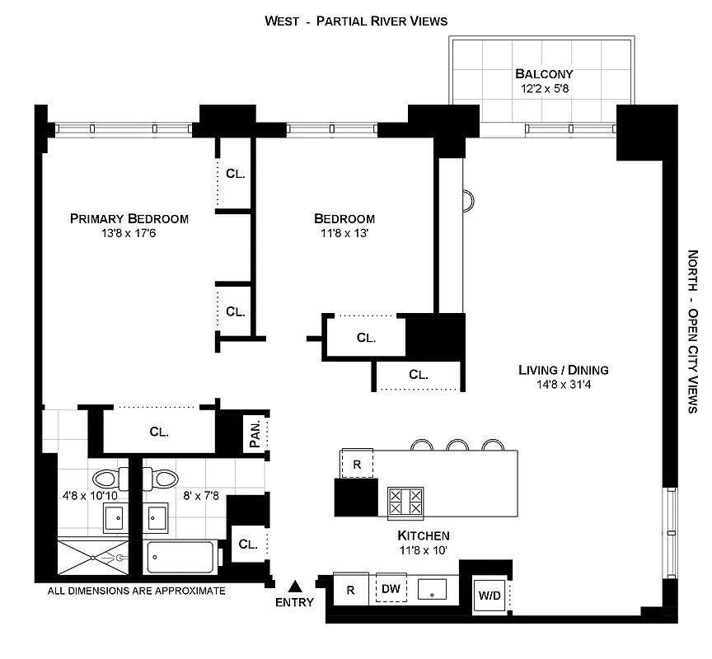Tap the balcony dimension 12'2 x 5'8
tap(542, 88)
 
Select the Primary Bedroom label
tap(129, 218)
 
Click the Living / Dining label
tap(564, 370)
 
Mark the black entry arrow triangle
tap(296, 587)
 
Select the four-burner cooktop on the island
tap(405, 502)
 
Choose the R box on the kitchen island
tap(357, 464)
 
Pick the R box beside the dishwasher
tap(351, 589)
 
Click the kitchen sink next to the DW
tap(433, 589)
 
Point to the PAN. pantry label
tap(255, 434)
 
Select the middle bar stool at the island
tap(458, 445)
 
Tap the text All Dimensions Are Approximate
tap(136, 591)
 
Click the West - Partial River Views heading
tap(356, 21)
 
